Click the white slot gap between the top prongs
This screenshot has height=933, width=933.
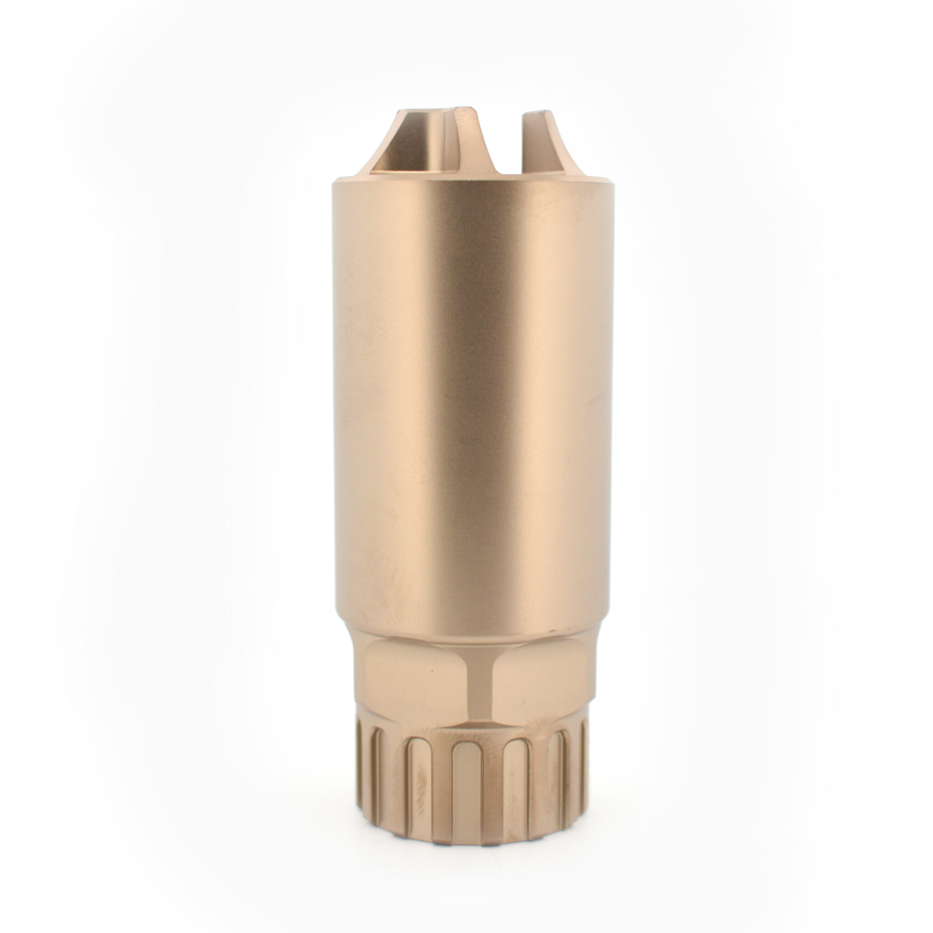(510, 145)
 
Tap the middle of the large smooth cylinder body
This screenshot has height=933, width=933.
(473, 401)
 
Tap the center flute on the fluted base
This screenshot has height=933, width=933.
(466, 792)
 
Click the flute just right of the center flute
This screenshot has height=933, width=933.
(516, 792)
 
